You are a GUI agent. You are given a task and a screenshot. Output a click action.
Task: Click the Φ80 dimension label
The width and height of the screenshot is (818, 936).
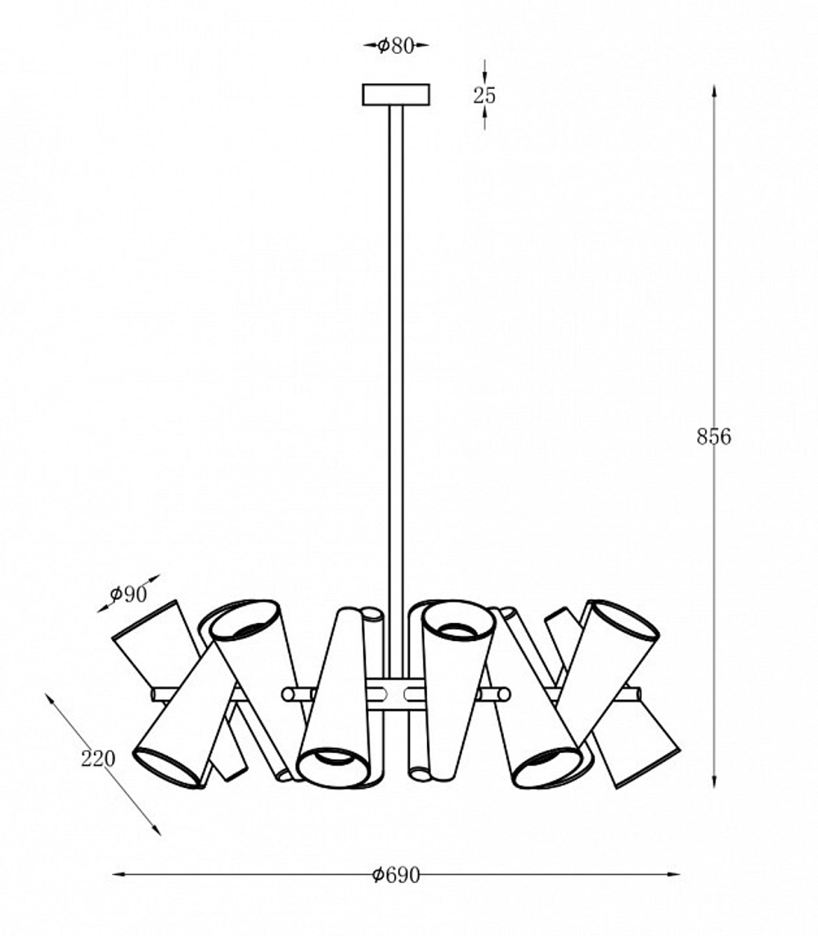[x=396, y=45]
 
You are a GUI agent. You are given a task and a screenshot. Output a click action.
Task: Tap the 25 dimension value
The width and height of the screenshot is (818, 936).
[x=484, y=95]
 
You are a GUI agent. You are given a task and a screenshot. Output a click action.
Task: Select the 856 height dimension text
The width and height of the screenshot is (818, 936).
[x=713, y=437]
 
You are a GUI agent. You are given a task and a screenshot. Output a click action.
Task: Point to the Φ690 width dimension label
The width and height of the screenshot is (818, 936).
[x=396, y=876]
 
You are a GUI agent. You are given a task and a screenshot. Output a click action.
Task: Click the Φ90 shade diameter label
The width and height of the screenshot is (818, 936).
[x=128, y=593]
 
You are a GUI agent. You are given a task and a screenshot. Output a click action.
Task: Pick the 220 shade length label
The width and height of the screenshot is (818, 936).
[x=98, y=759]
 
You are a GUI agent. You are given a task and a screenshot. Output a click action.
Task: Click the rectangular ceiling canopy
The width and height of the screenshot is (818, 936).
[x=396, y=95]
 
